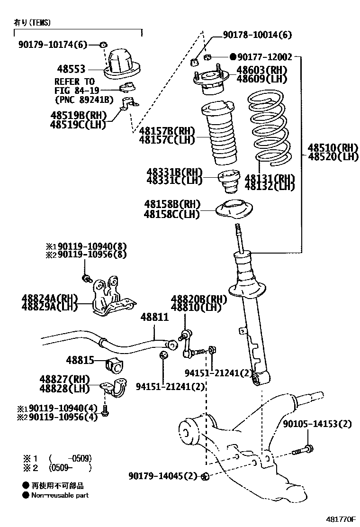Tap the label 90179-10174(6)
coord(53,45)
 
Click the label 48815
coord(80,360)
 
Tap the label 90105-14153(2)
coord(317,424)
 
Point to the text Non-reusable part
coord(60,495)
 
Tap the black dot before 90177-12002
coord(233,57)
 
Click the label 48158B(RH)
coord(172,204)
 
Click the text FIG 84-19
coord(74,90)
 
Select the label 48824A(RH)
coord(49,298)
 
